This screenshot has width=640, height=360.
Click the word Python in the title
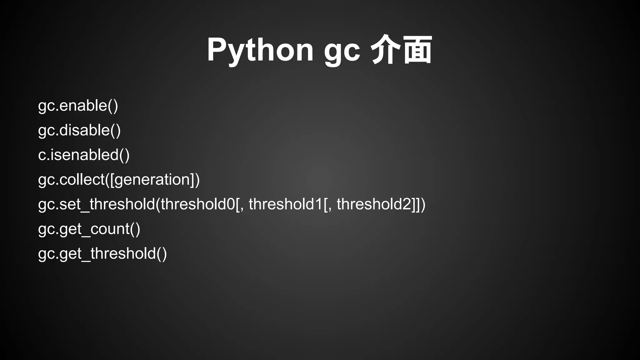260,50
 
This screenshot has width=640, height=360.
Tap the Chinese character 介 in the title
385,50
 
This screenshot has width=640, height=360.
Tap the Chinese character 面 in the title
417,50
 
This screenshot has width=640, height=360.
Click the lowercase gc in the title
342,52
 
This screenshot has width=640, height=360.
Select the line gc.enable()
78,106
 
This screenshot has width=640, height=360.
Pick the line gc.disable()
79,130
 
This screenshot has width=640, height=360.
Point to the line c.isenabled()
83,155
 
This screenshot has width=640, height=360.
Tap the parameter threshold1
286,204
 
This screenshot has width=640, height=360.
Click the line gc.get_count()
89,229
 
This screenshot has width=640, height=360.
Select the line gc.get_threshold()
102,253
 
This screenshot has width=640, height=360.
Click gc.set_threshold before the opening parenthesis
96,204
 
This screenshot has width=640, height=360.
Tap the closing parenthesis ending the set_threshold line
423,204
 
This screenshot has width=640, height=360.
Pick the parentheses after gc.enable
113,106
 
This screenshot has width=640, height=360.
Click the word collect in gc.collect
82,180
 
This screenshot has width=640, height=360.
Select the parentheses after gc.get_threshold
162,253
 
